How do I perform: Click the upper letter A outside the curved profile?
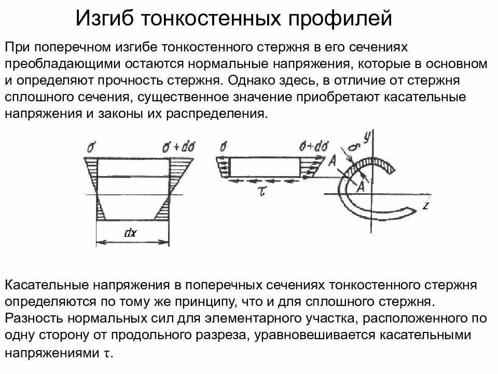332,162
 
